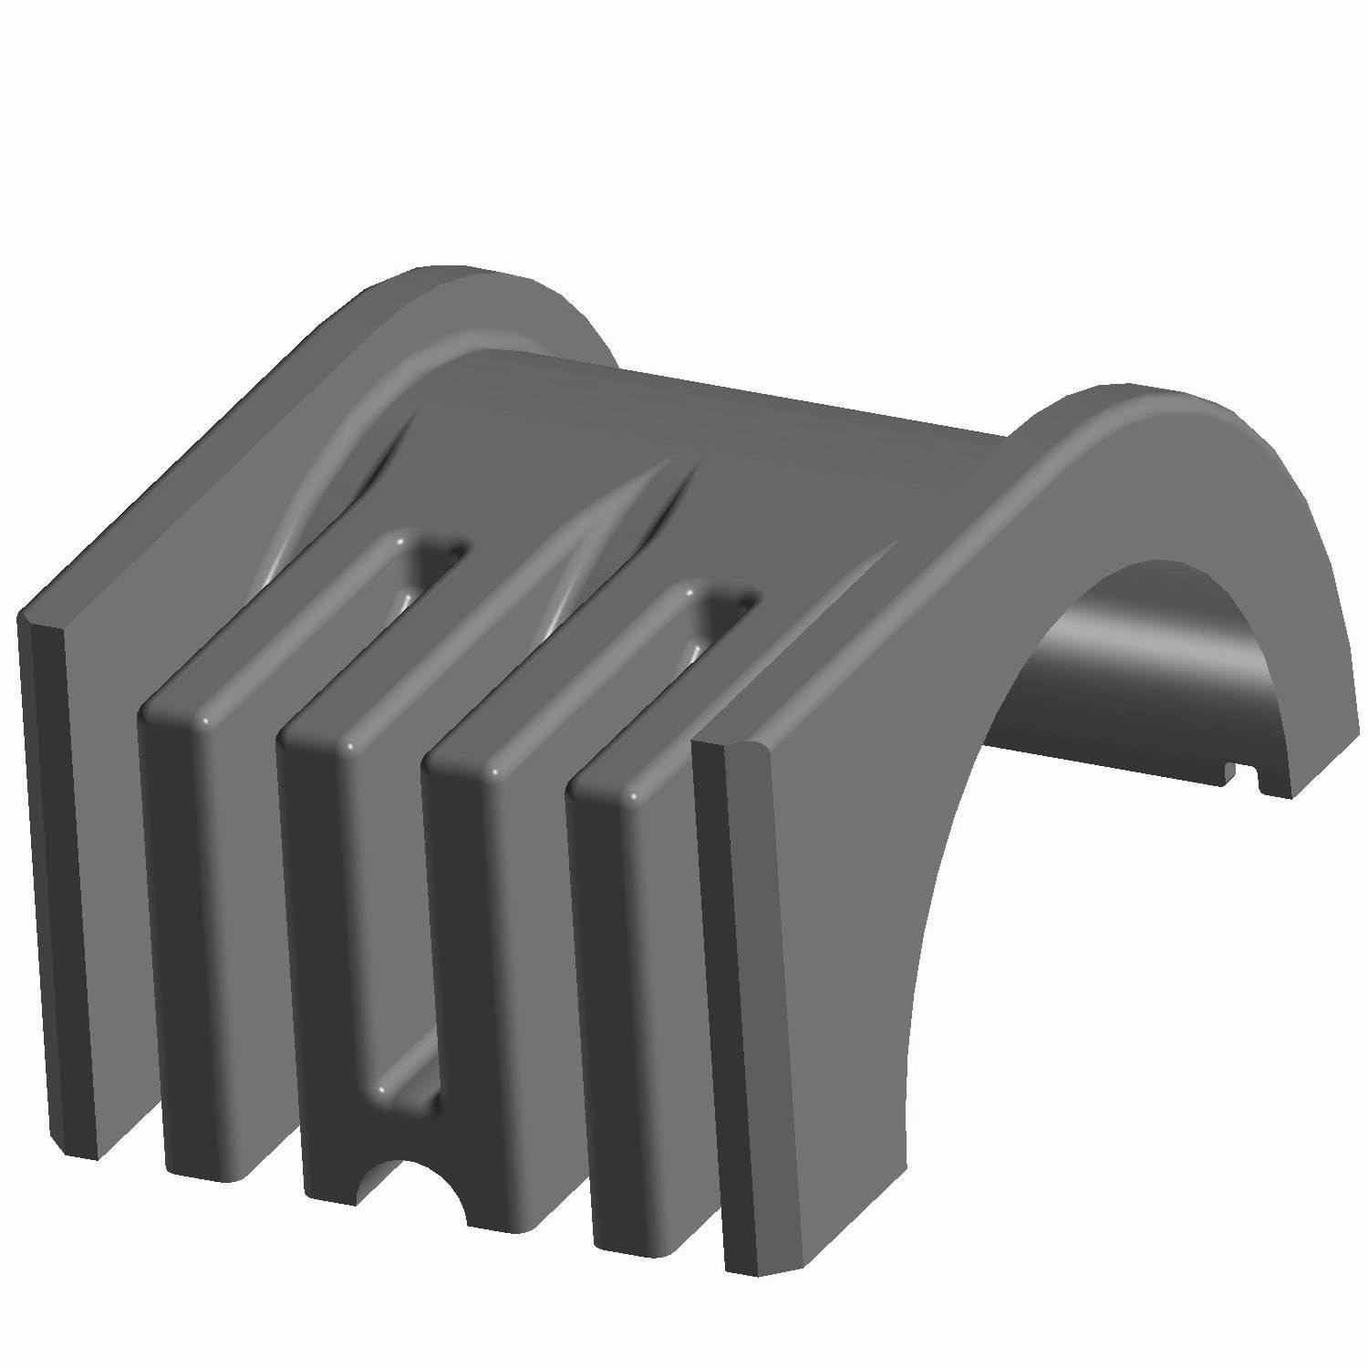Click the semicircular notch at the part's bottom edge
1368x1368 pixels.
[421, 1186]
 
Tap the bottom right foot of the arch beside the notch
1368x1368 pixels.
[1277, 784]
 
